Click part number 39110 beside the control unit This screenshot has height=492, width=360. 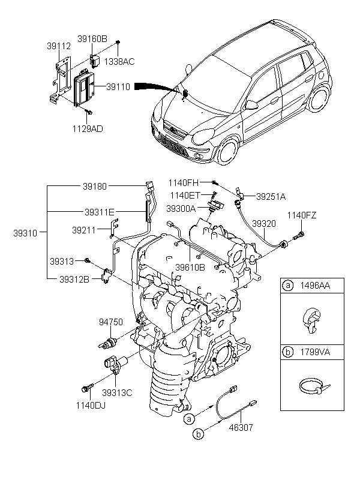(x=118, y=86)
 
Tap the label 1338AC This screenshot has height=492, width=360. (x=119, y=61)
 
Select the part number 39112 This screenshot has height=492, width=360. (x=58, y=45)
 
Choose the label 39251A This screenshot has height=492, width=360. (x=271, y=196)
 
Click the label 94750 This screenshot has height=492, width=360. (x=111, y=322)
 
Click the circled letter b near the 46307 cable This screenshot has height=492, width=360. (x=199, y=433)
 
